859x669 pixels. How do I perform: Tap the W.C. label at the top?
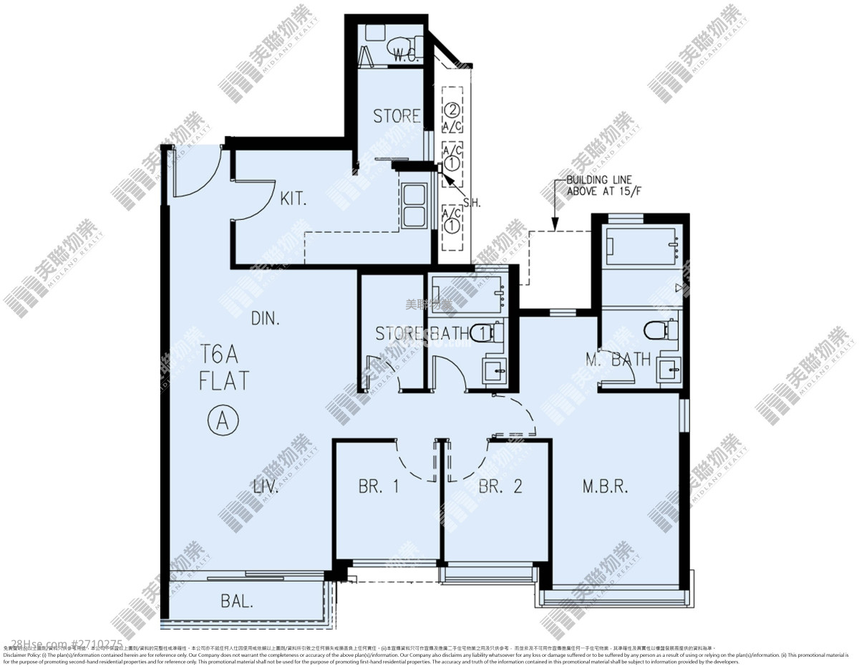click(407, 58)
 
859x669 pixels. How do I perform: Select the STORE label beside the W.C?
click(397, 116)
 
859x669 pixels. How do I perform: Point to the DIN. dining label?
click(265, 318)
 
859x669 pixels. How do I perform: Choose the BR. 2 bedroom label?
click(500, 486)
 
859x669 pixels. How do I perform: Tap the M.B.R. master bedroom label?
click(605, 486)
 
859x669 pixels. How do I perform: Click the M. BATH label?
click(618, 359)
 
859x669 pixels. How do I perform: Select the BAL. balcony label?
click(236, 602)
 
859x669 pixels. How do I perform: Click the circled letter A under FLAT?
click(223, 420)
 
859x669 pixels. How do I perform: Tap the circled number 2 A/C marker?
click(452, 110)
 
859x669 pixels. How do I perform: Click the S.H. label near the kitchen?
click(472, 203)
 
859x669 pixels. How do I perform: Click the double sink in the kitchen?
click(414, 206)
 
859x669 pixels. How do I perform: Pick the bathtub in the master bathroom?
click(641, 244)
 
